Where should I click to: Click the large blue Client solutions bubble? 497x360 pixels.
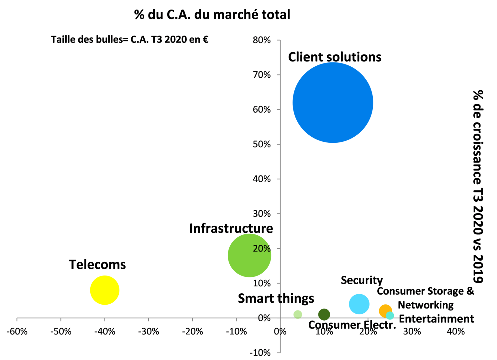[x=333, y=103]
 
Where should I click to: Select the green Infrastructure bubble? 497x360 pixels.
[x=249, y=255]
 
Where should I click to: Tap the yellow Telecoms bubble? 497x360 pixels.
[x=105, y=290]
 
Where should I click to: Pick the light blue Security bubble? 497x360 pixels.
[x=359, y=304]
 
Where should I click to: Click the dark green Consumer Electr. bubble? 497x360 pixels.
[x=324, y=314]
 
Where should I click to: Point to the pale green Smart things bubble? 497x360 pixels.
[x=298, y=314]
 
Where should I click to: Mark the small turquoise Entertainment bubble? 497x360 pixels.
[x=390, y=315]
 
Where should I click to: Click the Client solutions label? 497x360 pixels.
[x=335, y=57]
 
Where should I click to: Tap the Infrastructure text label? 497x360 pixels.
[x=231, y=229]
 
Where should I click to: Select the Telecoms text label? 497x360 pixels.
[x=97, y=264]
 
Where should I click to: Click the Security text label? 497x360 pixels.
[x=362, y=280]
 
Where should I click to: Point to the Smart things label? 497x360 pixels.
[x=276, y=298]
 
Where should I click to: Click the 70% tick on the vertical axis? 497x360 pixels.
[x=262, y=75]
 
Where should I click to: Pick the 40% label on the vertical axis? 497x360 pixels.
[x=262, y=179]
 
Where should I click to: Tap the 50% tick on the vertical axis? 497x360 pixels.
[x=262, y=144]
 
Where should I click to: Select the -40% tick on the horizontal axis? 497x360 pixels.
[x=105, y=332]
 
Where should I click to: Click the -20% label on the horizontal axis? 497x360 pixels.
[x=192, y=332]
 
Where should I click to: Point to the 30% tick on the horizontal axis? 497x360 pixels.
[x=412, y=332]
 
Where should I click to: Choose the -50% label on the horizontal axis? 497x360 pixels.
[x=61, y=332]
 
